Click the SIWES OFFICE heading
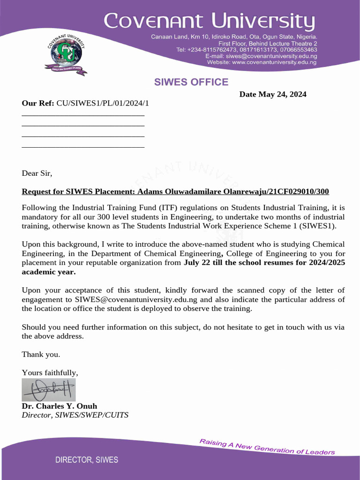[x=191, y=82]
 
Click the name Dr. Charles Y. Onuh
[x=60, y=406]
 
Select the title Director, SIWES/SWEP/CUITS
[x=75, y=415]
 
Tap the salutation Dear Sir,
[x=37, y=173]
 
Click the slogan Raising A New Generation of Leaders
[x=267, y=447]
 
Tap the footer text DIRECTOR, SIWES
[x=87, y=460]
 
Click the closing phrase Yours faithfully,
[x=50, y=373]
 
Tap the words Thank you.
[x=41, y=354]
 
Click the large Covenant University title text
[x=209, y=22]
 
